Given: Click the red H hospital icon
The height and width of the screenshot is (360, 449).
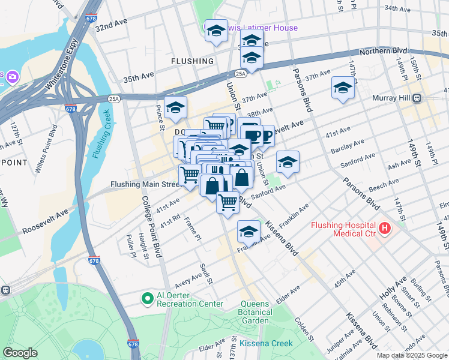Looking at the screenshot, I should click(384, 229).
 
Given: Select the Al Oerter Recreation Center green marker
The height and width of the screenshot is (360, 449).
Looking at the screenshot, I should click(146, 298).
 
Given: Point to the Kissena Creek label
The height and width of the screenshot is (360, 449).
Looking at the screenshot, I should click(266, 343).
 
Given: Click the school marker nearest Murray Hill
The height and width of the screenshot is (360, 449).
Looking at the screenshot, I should click(343, 88).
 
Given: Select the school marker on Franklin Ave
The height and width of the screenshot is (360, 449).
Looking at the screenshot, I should click(249, 230).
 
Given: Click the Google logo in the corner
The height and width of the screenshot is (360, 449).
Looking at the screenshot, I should click(20, 353).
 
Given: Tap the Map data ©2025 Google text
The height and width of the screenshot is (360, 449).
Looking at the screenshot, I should click(411, 355).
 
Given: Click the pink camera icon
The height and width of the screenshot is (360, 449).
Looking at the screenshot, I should click(13, 77).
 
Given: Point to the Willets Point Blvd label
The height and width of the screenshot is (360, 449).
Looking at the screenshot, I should click(45, 158).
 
